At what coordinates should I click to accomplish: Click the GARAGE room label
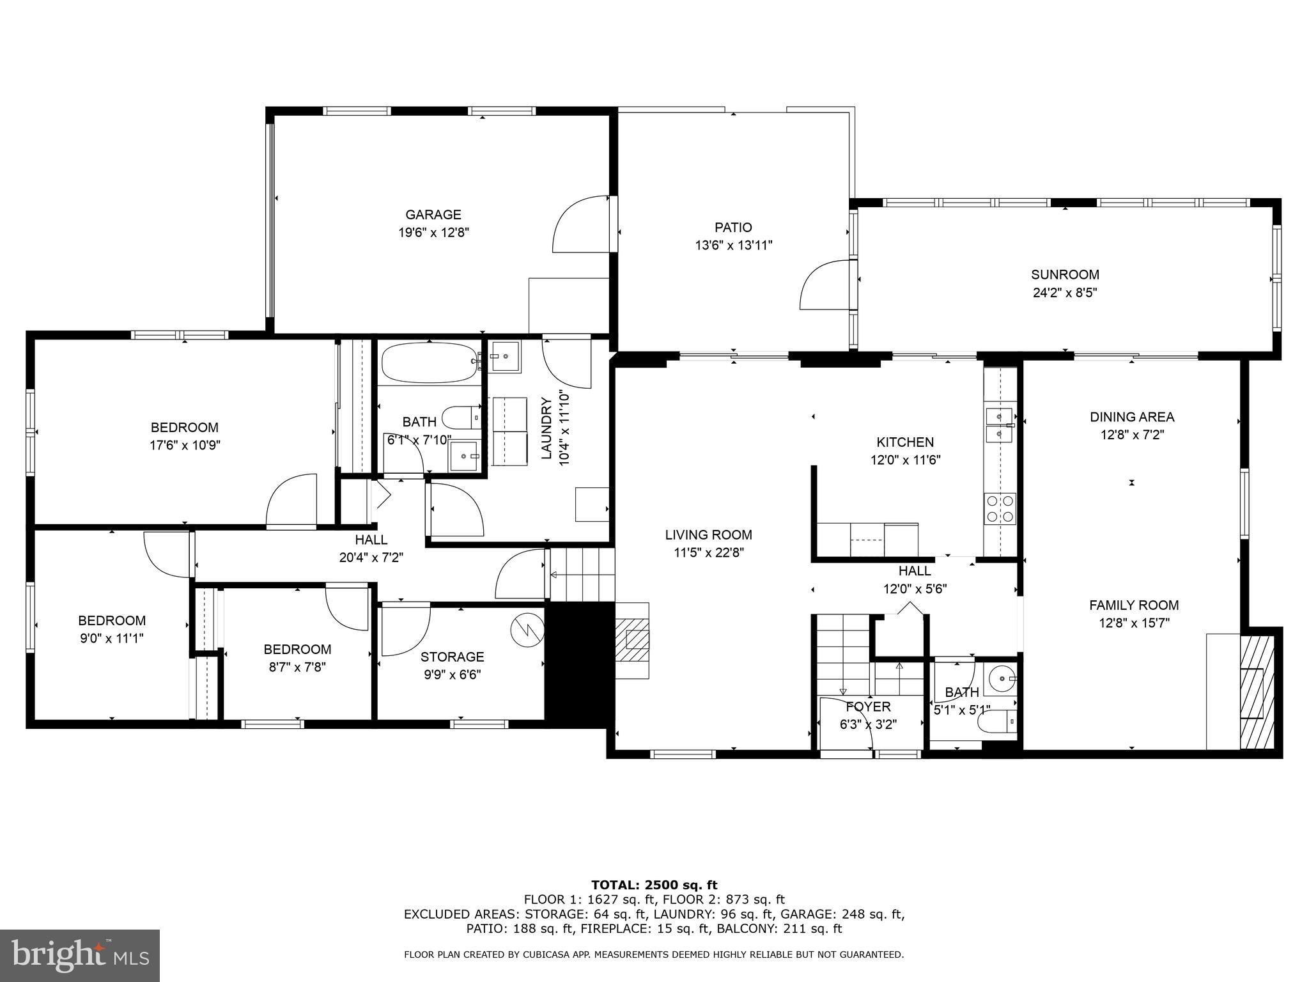click(433, 215)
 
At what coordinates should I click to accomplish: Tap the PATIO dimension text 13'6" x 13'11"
click(733, 245)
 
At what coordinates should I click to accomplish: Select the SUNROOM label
click(1065, 275)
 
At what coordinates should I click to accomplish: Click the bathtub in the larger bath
click(430, 362)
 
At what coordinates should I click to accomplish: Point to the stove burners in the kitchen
click(1000, 508)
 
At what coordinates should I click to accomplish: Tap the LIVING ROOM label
click(708, 535)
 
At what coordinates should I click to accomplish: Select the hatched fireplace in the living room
click(633, 639)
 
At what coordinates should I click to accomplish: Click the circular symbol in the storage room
click(526, 630)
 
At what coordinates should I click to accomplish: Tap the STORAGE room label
click(452, 657)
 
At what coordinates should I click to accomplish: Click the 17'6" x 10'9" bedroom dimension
click(185, 445)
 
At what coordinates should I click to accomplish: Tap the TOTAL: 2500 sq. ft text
click(654, 885)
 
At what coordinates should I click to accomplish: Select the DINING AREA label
click(1131, 417)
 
